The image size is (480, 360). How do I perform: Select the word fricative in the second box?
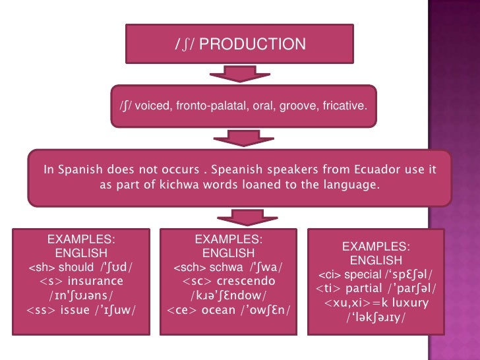tap(345, 105)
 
